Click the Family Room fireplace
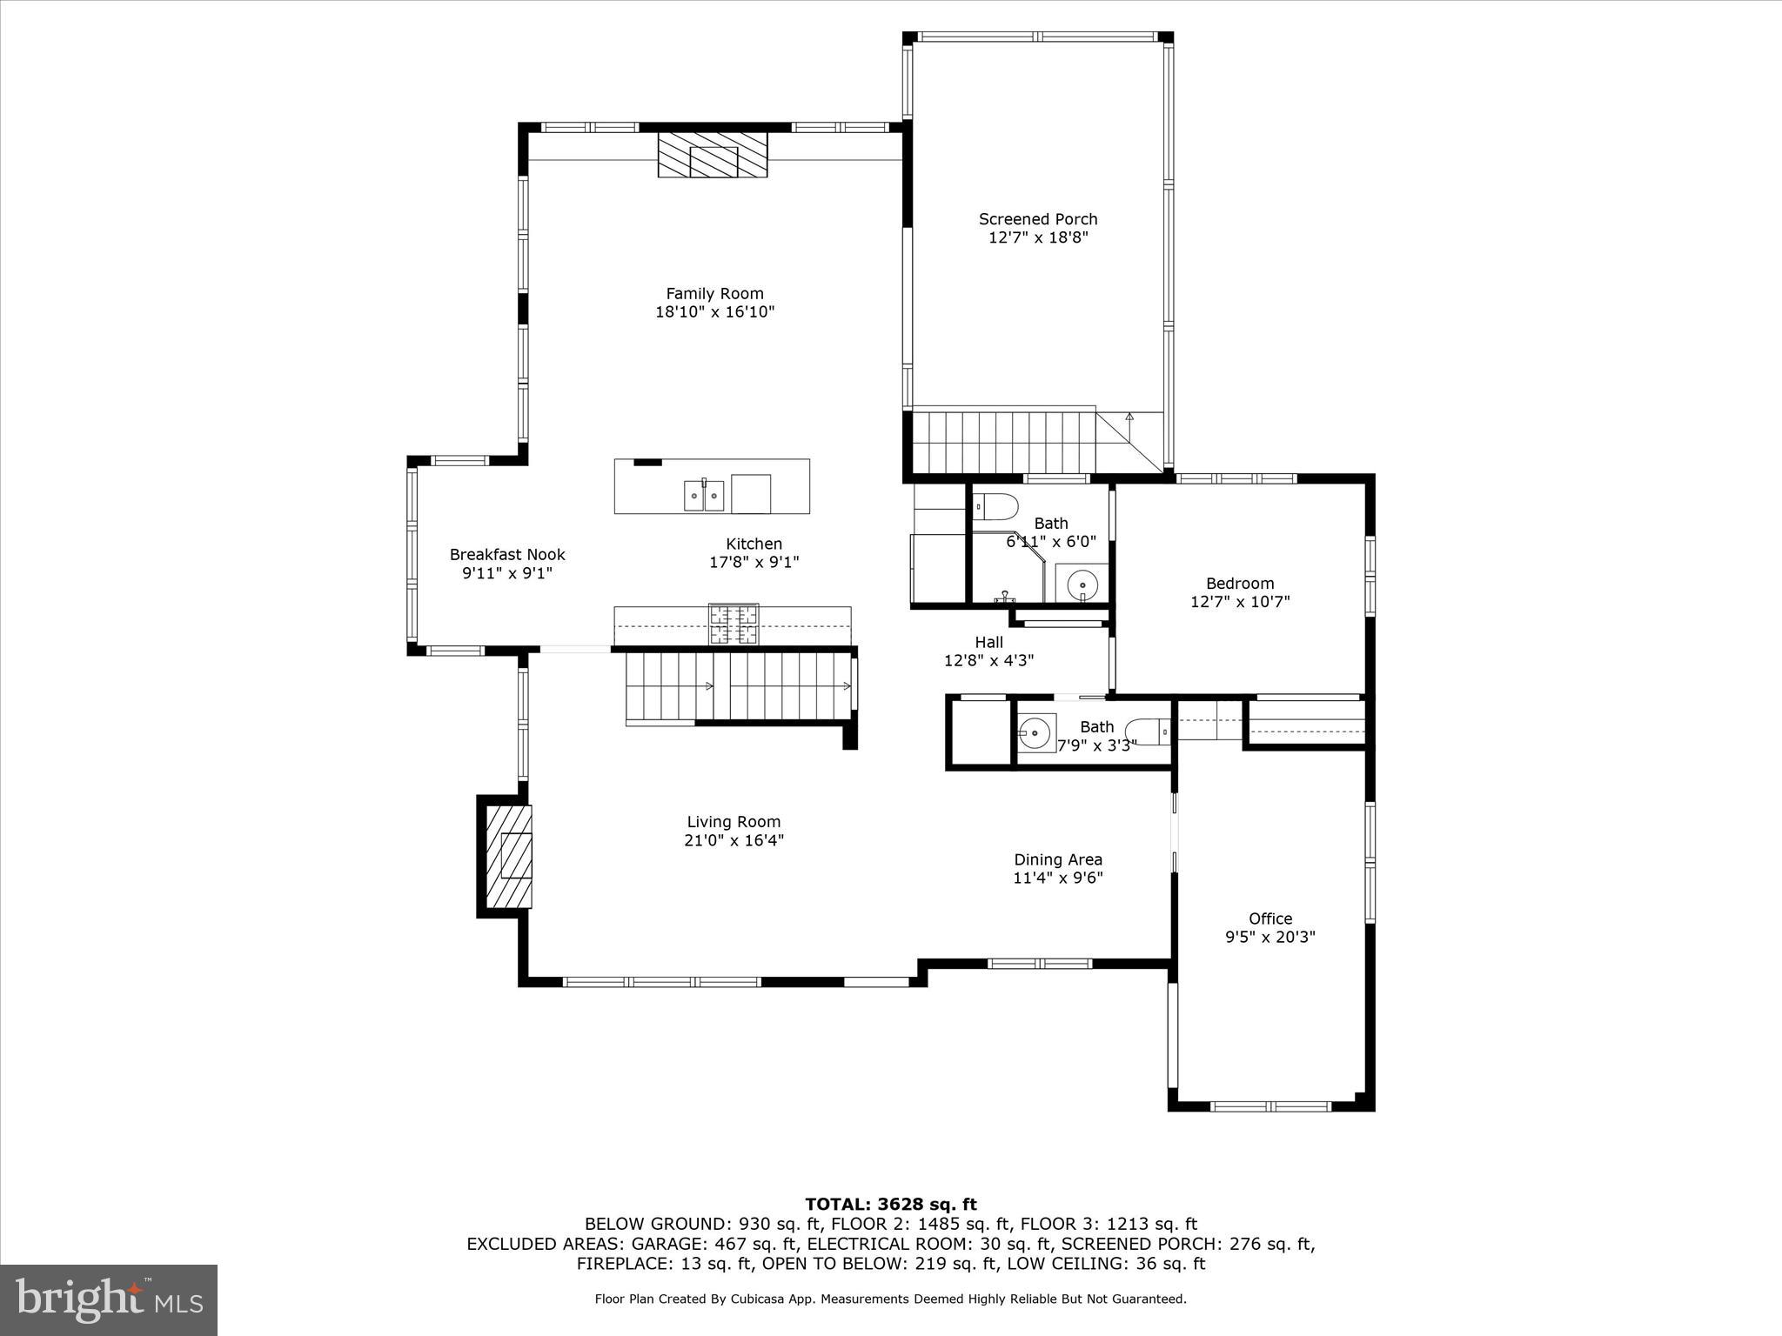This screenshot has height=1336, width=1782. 713,155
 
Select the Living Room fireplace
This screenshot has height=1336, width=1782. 510,857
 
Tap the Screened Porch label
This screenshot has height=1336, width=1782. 1038,219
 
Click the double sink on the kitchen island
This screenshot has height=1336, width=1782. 703,496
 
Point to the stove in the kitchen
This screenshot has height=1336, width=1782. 733,624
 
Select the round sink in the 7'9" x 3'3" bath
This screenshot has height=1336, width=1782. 1035,732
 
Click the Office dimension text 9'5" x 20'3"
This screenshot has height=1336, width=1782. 1270,938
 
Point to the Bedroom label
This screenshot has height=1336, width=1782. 1240,584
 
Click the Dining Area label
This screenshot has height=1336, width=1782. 1057,859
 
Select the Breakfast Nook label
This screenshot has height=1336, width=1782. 507,554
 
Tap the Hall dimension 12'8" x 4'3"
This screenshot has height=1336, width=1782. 988,661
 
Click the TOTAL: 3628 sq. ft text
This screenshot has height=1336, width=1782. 890,1205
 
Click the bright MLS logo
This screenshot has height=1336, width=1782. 109,1299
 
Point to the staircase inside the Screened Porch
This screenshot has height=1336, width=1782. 1001,442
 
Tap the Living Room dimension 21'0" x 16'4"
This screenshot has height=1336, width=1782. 734,840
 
